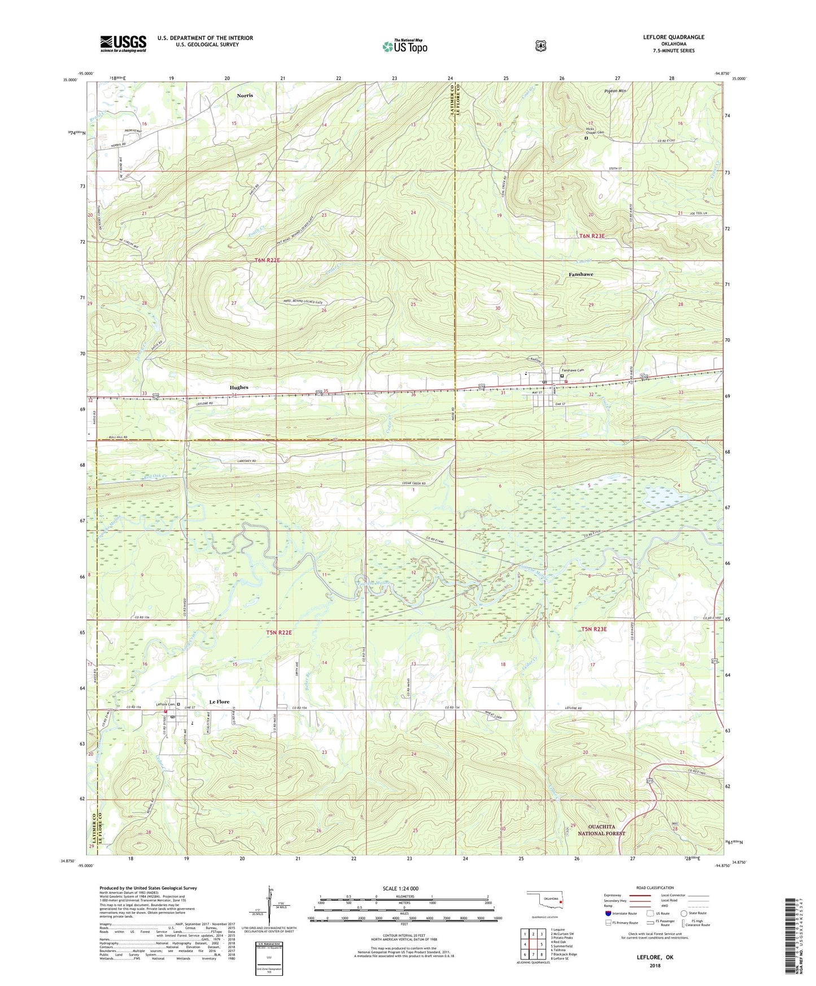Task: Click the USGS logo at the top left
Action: click(x=123, y=43)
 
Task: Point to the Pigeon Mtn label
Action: click(x=615, y=91)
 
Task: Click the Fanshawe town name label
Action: click(x=581, y=274)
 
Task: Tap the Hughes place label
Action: click(x=239, y=387)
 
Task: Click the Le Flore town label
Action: click(x=219, y=701)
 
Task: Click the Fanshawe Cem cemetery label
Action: click(x=572, y=370)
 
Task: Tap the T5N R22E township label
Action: click(x=279, y=632)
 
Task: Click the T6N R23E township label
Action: click(x=592, y=235)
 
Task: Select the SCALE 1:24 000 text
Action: click(x=400, y=888)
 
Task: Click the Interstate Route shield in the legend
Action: click(x=608, y=913)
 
